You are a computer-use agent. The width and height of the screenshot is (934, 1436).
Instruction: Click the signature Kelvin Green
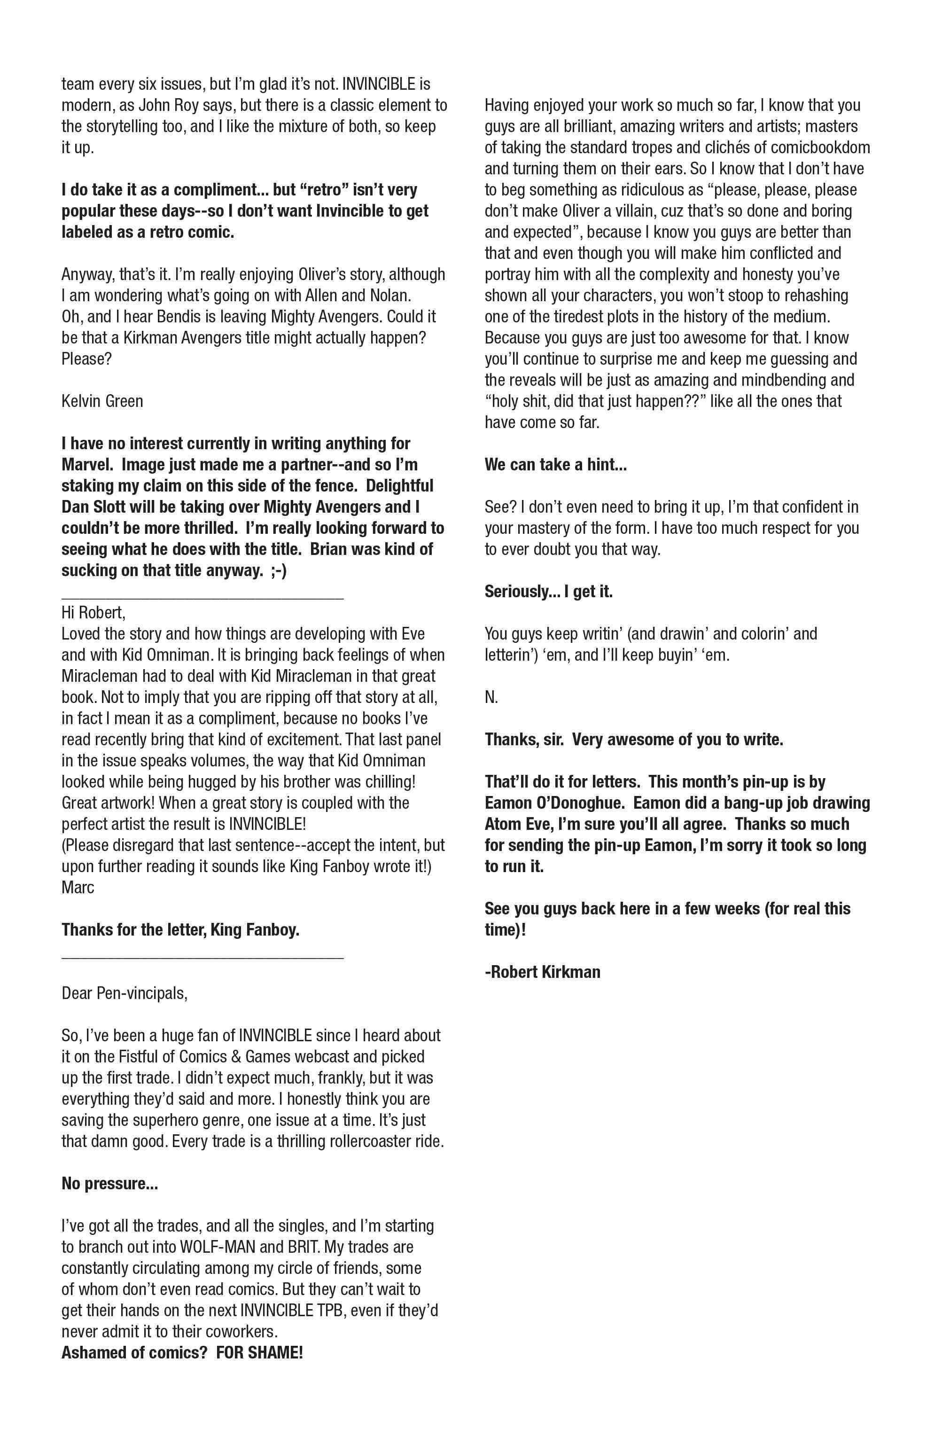point(102,401)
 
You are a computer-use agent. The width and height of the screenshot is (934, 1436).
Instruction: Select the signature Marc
point(78,887)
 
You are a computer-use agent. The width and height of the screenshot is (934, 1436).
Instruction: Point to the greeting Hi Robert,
point(93,613)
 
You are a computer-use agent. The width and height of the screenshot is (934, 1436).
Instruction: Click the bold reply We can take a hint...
point(555,465)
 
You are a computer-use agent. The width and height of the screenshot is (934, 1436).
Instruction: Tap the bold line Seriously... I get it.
point(548,591)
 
